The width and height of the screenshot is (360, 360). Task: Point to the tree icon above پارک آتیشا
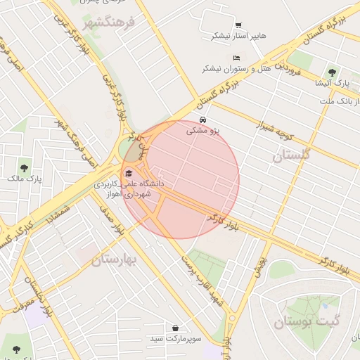coord(332,72)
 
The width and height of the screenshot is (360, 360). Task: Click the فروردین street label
coord(288,68)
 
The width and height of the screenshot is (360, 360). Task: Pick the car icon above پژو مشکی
coord(203,120)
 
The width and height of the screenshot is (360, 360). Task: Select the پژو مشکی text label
coord(203,131)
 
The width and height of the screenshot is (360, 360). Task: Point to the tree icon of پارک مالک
coord(25,168)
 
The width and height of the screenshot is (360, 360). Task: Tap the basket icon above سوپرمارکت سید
coord(174,328)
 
